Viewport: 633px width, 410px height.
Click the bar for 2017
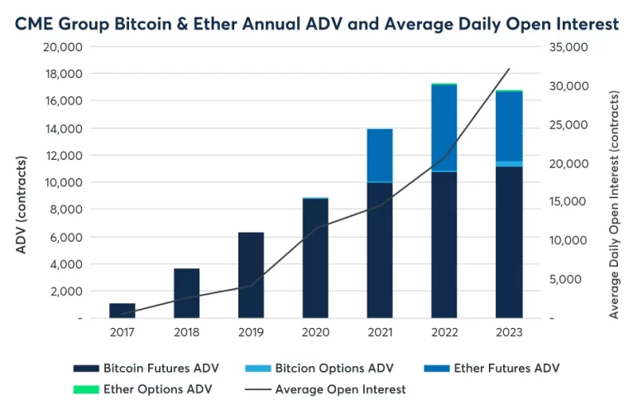click(x=122, y=311)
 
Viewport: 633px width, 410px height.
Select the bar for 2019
click(x=251, y=275)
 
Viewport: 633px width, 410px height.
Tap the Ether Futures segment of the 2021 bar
click(x=380, y=155)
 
